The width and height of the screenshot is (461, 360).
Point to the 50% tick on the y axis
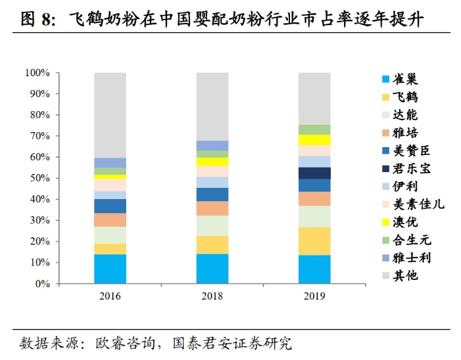click(39, 178)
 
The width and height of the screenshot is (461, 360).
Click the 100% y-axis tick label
click(37, 72)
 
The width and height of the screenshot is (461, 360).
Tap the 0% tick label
click(41, 284)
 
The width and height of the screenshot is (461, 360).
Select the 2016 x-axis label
click(110, 297)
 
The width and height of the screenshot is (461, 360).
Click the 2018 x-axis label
click(212, 297)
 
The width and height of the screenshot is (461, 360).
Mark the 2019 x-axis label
click(314, 297)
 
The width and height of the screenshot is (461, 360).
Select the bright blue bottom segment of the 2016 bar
click(110, 269)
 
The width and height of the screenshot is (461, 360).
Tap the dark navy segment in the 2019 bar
click(314, 173)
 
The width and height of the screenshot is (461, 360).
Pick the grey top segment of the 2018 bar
click(212, 106)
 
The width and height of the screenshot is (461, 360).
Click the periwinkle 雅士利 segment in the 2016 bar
click(110, 162)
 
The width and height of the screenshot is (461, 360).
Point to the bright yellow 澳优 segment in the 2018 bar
click(212, 162)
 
